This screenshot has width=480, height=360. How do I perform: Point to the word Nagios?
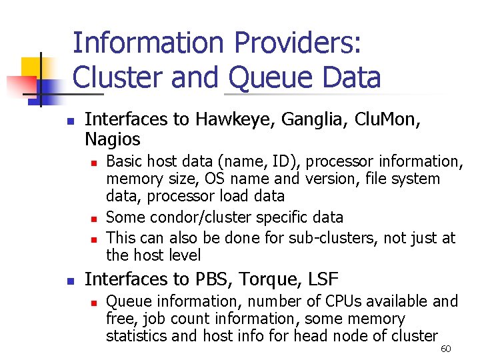[113, 139]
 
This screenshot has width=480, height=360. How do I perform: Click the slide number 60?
[446, 349]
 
